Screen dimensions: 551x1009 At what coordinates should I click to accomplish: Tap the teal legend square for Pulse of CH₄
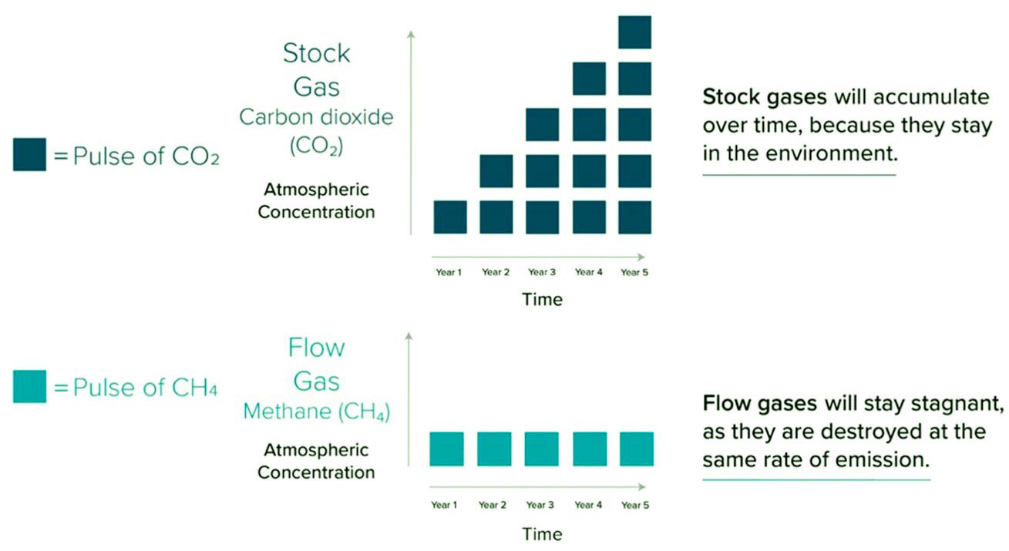pos(29,386)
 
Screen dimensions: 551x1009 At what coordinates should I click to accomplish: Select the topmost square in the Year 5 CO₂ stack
pos(635,32)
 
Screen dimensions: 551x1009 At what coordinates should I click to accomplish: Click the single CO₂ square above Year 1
pos(450,217)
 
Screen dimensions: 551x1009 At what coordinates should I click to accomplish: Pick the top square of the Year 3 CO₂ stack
pos(543,125)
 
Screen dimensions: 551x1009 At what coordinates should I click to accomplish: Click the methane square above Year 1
pos(447,449)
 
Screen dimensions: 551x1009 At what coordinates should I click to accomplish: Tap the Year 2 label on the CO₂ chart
pos(496,272)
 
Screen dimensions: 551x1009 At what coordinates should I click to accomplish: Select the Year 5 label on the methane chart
pos(635,506)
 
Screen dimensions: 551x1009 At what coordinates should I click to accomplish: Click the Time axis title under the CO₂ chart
pos(542,299)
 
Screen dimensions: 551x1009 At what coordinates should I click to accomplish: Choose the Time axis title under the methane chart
pos(542,533)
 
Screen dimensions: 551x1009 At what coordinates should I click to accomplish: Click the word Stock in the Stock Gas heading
pos(316,54)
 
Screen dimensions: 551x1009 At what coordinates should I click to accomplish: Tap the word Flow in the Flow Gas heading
pos(316,348)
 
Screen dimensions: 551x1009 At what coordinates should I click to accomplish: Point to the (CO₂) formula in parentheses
pos(316,146)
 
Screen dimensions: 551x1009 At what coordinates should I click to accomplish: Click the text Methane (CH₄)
pos(316,412)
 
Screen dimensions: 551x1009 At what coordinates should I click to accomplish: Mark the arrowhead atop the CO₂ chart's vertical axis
pos(411,33)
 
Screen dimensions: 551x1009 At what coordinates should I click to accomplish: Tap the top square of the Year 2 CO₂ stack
pos(496,171)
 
